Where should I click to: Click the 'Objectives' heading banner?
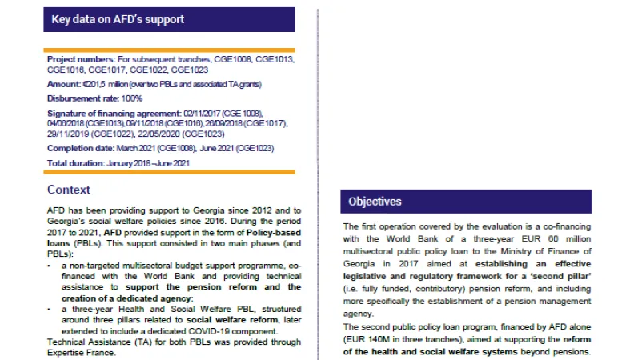click(375, 202)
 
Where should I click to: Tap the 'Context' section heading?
click(69, 190)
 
